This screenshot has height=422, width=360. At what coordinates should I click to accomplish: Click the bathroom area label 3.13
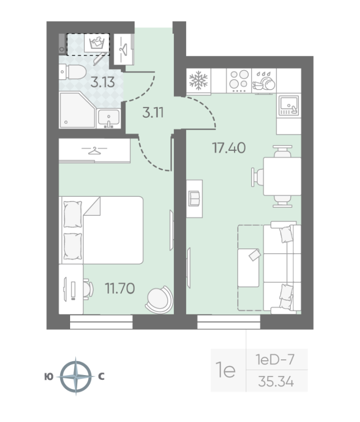tap(102, 82)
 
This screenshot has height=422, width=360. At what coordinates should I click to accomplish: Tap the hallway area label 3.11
tap(153, 112)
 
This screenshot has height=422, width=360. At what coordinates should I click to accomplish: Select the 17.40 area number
tap(229, 148)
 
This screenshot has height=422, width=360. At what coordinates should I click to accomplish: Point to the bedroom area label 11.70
tap(120, 288)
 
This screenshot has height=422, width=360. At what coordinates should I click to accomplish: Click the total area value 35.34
tap(276, 381)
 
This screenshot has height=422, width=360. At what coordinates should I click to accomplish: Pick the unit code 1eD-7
tap(275, 360)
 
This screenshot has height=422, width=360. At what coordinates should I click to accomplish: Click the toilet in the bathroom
tap(73, 72)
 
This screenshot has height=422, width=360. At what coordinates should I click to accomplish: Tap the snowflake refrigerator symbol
tap(199, 80)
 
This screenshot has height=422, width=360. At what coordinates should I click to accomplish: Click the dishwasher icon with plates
tap(264, 81)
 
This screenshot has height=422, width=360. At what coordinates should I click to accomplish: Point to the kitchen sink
tap(288, 105)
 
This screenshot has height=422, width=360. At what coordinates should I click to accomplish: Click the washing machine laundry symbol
tap(96, 43)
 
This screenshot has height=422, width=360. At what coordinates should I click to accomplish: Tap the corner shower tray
tap(77, 110)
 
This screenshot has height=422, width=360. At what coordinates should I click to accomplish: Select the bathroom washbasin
tap(109, 118)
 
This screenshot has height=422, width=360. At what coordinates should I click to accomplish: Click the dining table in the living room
tap(282, 176)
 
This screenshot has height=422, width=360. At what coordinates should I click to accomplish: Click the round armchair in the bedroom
tap(159, 299)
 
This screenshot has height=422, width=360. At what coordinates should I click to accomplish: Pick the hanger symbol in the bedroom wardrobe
tap(94, 151)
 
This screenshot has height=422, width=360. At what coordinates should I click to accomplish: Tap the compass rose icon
tap(76, 376)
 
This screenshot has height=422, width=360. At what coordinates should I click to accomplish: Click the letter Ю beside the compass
tap(48, 377)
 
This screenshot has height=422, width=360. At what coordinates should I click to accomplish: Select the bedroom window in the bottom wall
tap(101, 322)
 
